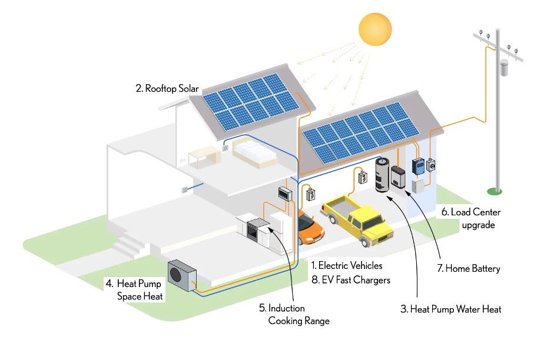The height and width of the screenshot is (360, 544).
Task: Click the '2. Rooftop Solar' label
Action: tap(167, 89)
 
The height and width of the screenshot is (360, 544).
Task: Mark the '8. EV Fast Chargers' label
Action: tap(351, 280)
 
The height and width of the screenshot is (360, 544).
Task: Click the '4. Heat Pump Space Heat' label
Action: tap(134, 289)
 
